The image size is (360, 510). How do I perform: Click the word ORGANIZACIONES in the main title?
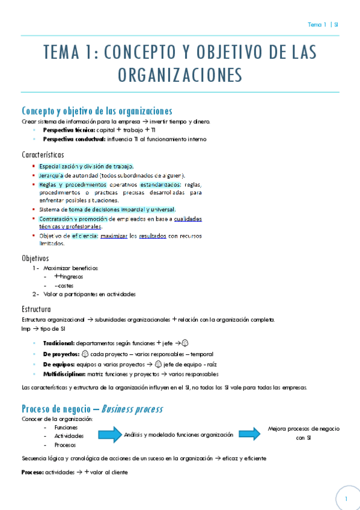click(x=180, y=75)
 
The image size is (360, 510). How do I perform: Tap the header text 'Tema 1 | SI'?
click(x=323, y=25)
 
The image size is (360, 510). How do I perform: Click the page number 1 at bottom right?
click(x=346, y=499)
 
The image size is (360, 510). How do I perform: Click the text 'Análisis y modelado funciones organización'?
click(x=178, y=434)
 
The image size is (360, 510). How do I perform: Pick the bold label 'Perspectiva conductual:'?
click(x=69, y=139)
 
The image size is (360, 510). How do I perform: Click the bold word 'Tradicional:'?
click(x=59, y=342)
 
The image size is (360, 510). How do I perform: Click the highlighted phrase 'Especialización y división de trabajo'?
click(x=86, y=166)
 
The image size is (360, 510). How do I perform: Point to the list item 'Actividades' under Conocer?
click(x=69, y=435)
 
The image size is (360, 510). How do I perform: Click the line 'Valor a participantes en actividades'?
click(x=90, y=294)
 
